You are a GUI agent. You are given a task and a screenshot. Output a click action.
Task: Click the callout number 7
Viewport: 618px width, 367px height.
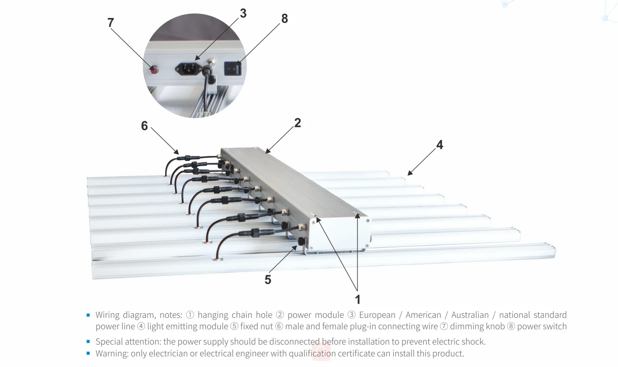111,23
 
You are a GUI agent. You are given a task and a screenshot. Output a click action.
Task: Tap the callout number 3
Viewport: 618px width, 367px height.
243,13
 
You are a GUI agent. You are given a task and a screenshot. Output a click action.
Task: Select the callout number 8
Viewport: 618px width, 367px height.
284,18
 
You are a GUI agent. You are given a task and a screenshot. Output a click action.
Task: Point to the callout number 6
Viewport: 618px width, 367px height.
144,126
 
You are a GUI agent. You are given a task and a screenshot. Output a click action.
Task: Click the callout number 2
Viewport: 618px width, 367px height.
297,123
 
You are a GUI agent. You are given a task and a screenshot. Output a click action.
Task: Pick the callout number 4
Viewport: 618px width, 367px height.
440,145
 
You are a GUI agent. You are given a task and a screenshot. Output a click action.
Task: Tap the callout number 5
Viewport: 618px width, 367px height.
268,279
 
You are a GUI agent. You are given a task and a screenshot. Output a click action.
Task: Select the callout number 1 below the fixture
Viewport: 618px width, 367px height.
357,299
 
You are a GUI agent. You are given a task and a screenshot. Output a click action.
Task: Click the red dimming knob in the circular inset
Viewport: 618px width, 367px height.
154,70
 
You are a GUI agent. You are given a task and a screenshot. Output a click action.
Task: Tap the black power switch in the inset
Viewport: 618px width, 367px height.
232,68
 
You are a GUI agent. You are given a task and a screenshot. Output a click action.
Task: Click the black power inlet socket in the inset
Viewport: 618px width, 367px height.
188,69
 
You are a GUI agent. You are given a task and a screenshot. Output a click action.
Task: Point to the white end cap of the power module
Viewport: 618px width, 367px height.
340,234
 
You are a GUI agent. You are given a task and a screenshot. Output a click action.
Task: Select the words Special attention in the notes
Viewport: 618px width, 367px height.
127,342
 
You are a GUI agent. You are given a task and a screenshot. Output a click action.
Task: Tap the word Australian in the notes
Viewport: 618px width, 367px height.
470,315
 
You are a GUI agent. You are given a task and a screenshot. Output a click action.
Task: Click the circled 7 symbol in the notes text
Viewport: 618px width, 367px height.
444,327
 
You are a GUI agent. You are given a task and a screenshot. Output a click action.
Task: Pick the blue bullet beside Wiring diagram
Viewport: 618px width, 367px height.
88,315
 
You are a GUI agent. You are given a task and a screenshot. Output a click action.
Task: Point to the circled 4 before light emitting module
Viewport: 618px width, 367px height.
141,327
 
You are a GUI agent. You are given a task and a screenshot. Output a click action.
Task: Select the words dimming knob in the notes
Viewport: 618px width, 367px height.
477,327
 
